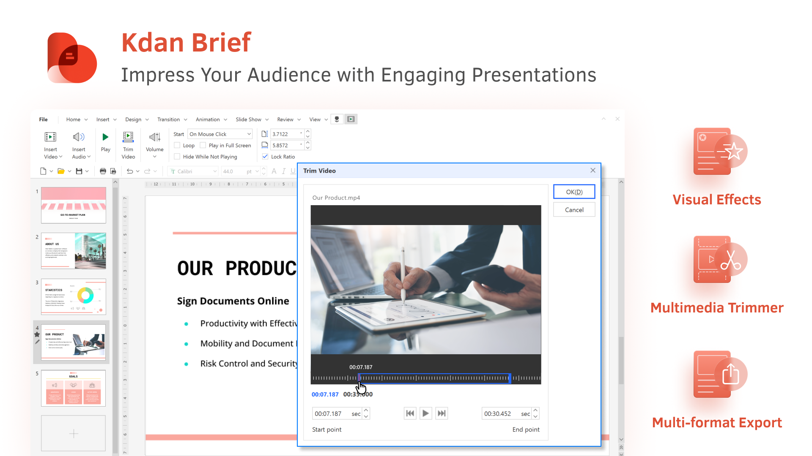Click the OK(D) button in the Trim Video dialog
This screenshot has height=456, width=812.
[574, 192]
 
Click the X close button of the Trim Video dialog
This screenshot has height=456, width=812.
[593, 170]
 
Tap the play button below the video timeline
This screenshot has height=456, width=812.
[425, 413]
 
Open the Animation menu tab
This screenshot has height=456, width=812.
[208, 119]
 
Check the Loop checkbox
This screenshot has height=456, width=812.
[177, 145]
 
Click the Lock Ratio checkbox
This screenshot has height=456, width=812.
[265, 156]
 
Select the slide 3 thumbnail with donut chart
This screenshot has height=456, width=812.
[73, 296]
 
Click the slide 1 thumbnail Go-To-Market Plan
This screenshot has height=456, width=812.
[73, 205]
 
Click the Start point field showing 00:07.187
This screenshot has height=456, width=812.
[332, 413]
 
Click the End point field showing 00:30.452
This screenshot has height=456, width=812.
[501, 413]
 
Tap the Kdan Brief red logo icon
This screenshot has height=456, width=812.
[72, 58]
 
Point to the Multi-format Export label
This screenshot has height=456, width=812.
[717, 422]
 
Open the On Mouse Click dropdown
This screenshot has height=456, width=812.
[220, 134]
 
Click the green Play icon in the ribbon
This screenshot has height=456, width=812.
[105, 137]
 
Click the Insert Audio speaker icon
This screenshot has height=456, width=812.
[79, 137]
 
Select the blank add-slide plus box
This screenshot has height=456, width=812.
[73, 433]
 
